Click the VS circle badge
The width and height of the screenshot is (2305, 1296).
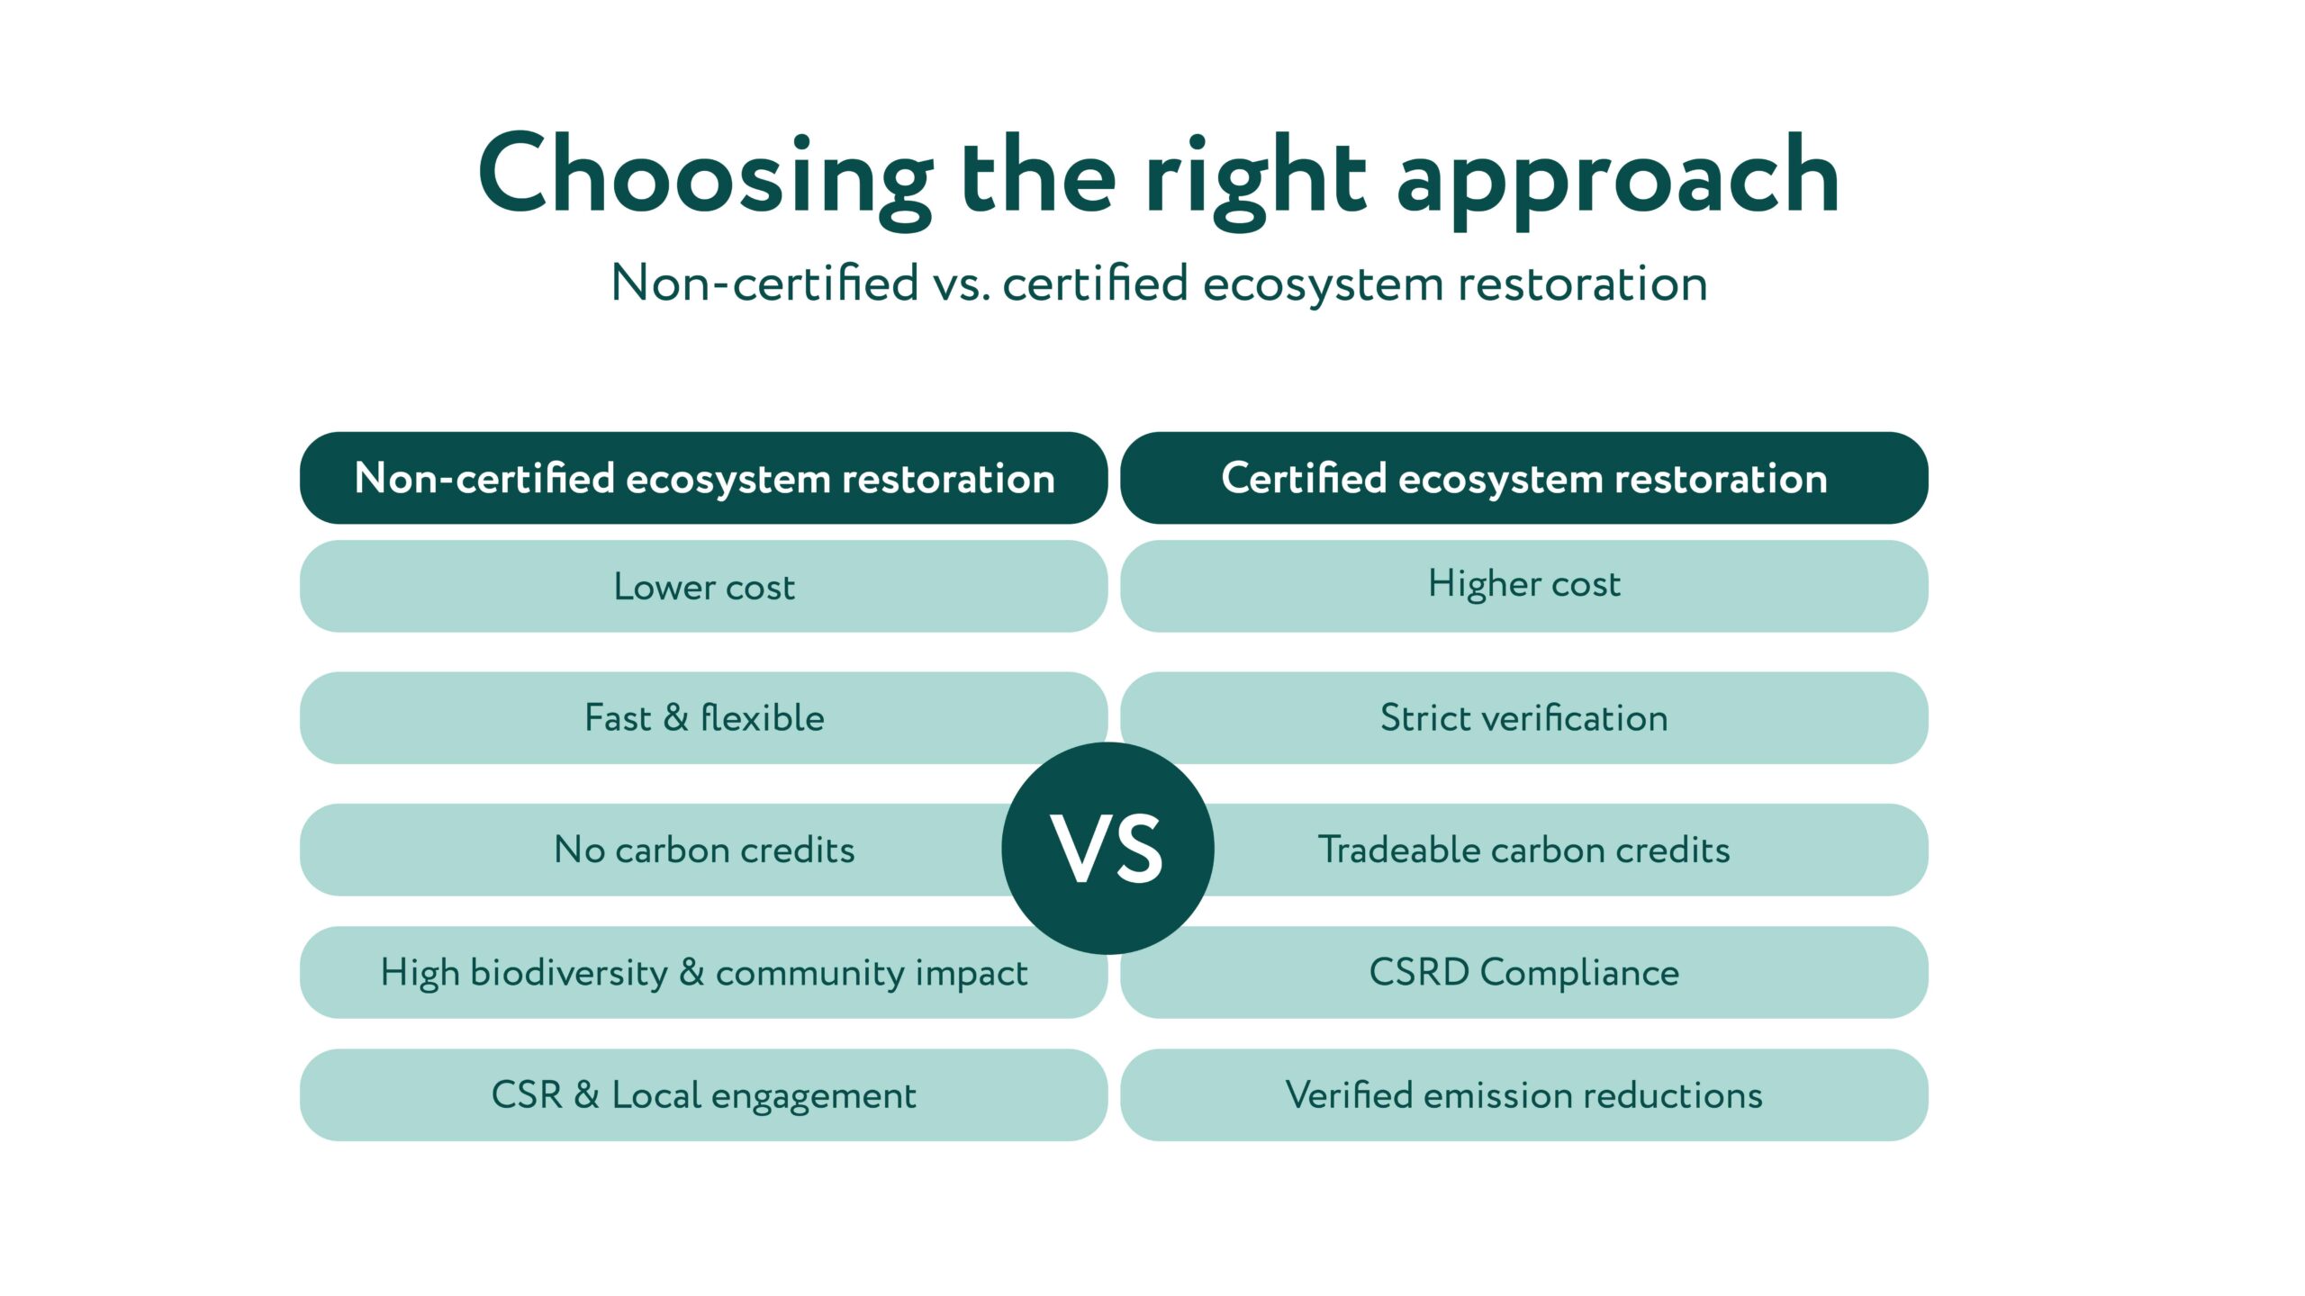pyautogui.click(x=1107, y=848)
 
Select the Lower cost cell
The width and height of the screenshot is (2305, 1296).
pyautogui.click(x=703, y=586)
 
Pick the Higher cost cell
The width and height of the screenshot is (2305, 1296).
pyautogui.click(x=1524, y=586)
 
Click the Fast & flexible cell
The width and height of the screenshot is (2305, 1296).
pyautogui.click(x=703, y=717)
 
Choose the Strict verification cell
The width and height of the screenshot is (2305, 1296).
pyautogui.click(x=1524, y=717)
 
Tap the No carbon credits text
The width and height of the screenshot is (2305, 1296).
pyautogui.click(x=704, y=850)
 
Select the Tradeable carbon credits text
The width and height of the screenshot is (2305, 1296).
pyautogui.click(x=1524, y=850)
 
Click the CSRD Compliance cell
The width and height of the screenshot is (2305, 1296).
pyautogui.click(x=1524, y=972)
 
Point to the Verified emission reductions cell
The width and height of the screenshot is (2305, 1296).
pyautogui.click(x=1524, y=1094)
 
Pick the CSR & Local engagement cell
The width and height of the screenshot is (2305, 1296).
pyautogui.click(x=703, y=1094)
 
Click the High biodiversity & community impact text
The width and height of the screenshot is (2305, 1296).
pyautogui.click(x=704, y=973)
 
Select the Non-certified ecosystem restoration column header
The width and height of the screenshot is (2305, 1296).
pyautogui.click(x=703, y=478)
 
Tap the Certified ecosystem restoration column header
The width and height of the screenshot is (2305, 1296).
pyautogui.click(x=1524, y=478)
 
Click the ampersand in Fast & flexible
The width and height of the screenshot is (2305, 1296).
pyautogui.click(x=676, y=717)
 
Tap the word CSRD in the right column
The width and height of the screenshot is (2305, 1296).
pyautogui.click(x=1419, y=972)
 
